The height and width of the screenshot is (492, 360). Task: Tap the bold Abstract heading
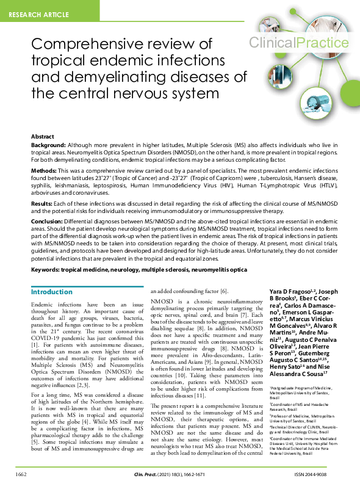pyautogui.click(x=43, y=137)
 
